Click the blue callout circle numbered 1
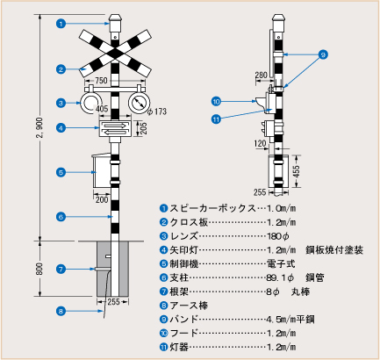[x=61, y=24]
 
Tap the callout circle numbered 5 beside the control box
[x=61, y=172]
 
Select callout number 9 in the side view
[x=323, y=54]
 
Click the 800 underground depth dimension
[x=39, y=269]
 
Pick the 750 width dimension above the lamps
[x=101, y=80]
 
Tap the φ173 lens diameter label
[x=157, y=112]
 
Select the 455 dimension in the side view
[x=297, y=171]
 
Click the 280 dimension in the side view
[x=262, y=76]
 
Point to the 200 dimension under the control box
[x=102, y=200]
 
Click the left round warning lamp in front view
[x=90, y=103]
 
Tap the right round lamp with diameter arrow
[x=139, y=103]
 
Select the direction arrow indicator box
[x=115, y=128]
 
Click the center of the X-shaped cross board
[x=115, y=53]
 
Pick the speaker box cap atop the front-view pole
[x=115, y=23]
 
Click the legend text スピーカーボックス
[x=212, y=208]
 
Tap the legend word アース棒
[x=189, y=306]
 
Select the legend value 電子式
[x=281, y=263]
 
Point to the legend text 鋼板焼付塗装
[x=334, y=250]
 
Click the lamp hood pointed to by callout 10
[x=261, y=102]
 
